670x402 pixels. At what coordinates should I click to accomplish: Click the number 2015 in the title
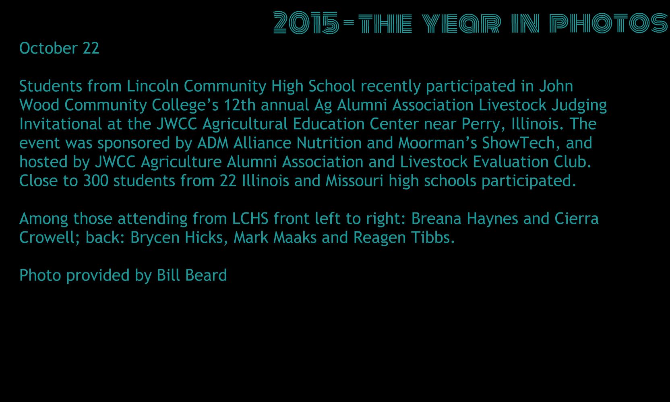306,23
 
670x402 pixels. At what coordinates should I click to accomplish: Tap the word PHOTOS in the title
609,23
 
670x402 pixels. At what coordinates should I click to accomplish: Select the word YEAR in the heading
461,23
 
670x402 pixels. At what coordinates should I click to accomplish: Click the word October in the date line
48,48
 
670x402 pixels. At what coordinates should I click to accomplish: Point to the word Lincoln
153,86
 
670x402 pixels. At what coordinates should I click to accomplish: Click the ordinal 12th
240,105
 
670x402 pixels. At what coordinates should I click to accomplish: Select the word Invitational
61,124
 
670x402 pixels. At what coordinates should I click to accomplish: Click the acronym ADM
213,143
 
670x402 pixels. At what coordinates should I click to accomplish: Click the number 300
96,181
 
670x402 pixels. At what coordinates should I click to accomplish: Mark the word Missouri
354,181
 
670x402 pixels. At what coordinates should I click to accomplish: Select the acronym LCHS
250,219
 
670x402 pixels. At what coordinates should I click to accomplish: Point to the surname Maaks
295,237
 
